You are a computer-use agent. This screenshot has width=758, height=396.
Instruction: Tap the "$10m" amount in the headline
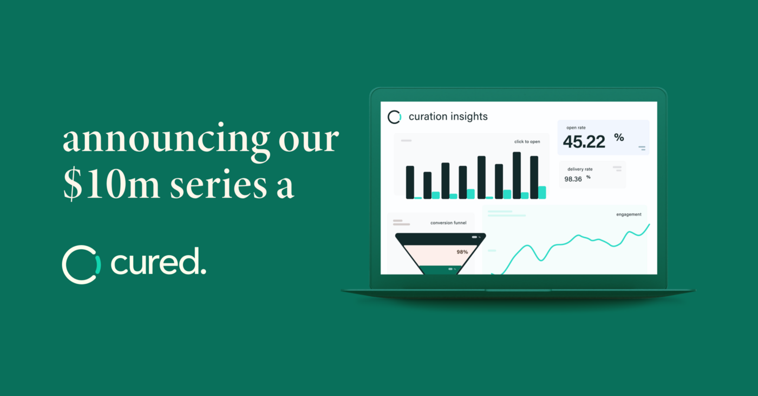point(112,185)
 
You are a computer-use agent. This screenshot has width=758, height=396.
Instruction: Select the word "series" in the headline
point(218,185)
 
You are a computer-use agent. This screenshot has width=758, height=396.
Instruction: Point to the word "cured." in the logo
point(158,261)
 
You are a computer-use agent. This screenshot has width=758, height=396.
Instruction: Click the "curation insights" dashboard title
point(448,117)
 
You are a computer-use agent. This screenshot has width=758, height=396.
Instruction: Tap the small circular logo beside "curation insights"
point(394,117)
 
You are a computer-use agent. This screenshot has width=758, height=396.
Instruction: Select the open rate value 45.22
point(584,141)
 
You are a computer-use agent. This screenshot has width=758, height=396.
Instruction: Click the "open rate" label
point(576,128)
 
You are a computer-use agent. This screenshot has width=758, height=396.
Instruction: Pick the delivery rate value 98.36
point(573,179)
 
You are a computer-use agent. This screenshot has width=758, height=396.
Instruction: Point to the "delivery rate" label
point(580,169)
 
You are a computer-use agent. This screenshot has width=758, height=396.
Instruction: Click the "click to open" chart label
point(527,141)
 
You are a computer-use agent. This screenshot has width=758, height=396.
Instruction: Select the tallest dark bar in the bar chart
point(517,176)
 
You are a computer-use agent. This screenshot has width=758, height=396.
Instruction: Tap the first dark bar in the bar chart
point(410,182)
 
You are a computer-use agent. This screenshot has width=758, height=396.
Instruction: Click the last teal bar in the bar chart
point(542,193)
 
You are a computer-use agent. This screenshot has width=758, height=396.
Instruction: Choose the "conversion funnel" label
point(448,223)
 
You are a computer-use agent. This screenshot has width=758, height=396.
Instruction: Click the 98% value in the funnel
point(462,252)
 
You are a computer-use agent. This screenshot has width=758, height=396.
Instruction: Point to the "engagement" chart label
point(629,214)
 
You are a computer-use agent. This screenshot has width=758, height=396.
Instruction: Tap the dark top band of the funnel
point(440,239)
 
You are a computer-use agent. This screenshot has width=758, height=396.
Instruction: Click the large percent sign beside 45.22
point(619,138)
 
